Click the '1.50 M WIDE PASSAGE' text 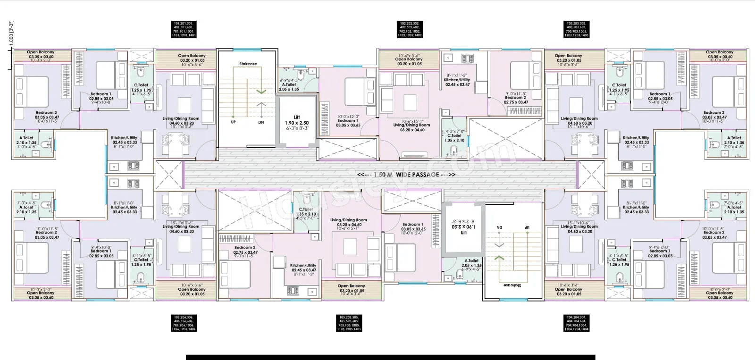406,175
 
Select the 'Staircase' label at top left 248,64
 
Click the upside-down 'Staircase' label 512,285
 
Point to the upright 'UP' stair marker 233,122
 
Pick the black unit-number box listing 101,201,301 184,29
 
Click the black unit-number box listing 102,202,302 410,29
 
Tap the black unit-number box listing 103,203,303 577,29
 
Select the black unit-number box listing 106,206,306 184,323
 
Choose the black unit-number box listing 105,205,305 350,323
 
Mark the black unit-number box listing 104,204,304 577,323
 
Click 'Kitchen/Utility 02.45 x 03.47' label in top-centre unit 457,80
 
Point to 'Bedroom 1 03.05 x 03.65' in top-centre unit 348,121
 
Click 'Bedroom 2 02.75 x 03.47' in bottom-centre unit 245,251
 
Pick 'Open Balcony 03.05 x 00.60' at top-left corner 41,55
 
